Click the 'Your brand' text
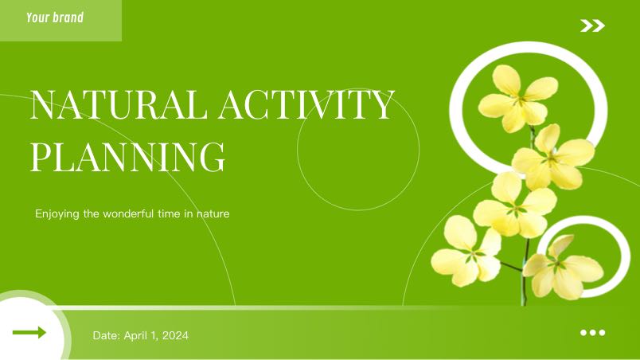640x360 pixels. click(55, 18)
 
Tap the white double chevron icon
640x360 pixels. click(593, 25)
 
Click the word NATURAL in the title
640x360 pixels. click(119, 104)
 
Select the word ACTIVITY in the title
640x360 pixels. click(306, 104)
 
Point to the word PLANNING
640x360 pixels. click(127, 156)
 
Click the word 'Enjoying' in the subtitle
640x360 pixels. click(57, 214)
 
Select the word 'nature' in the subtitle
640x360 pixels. click(213, 214)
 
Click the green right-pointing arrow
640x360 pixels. click(29, 332)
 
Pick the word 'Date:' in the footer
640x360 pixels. click(107, 335)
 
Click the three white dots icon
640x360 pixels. click(593, 333)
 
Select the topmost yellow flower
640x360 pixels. click(518, 99)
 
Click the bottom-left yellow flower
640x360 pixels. click(466, 251)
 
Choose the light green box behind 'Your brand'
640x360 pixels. click(60, 21)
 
